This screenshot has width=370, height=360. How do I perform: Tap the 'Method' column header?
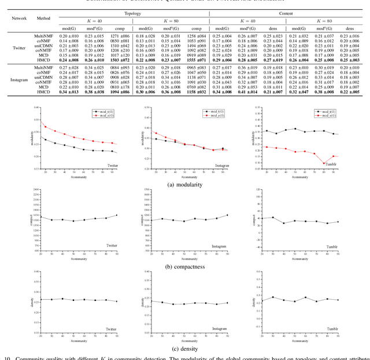(x=45, y=19)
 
